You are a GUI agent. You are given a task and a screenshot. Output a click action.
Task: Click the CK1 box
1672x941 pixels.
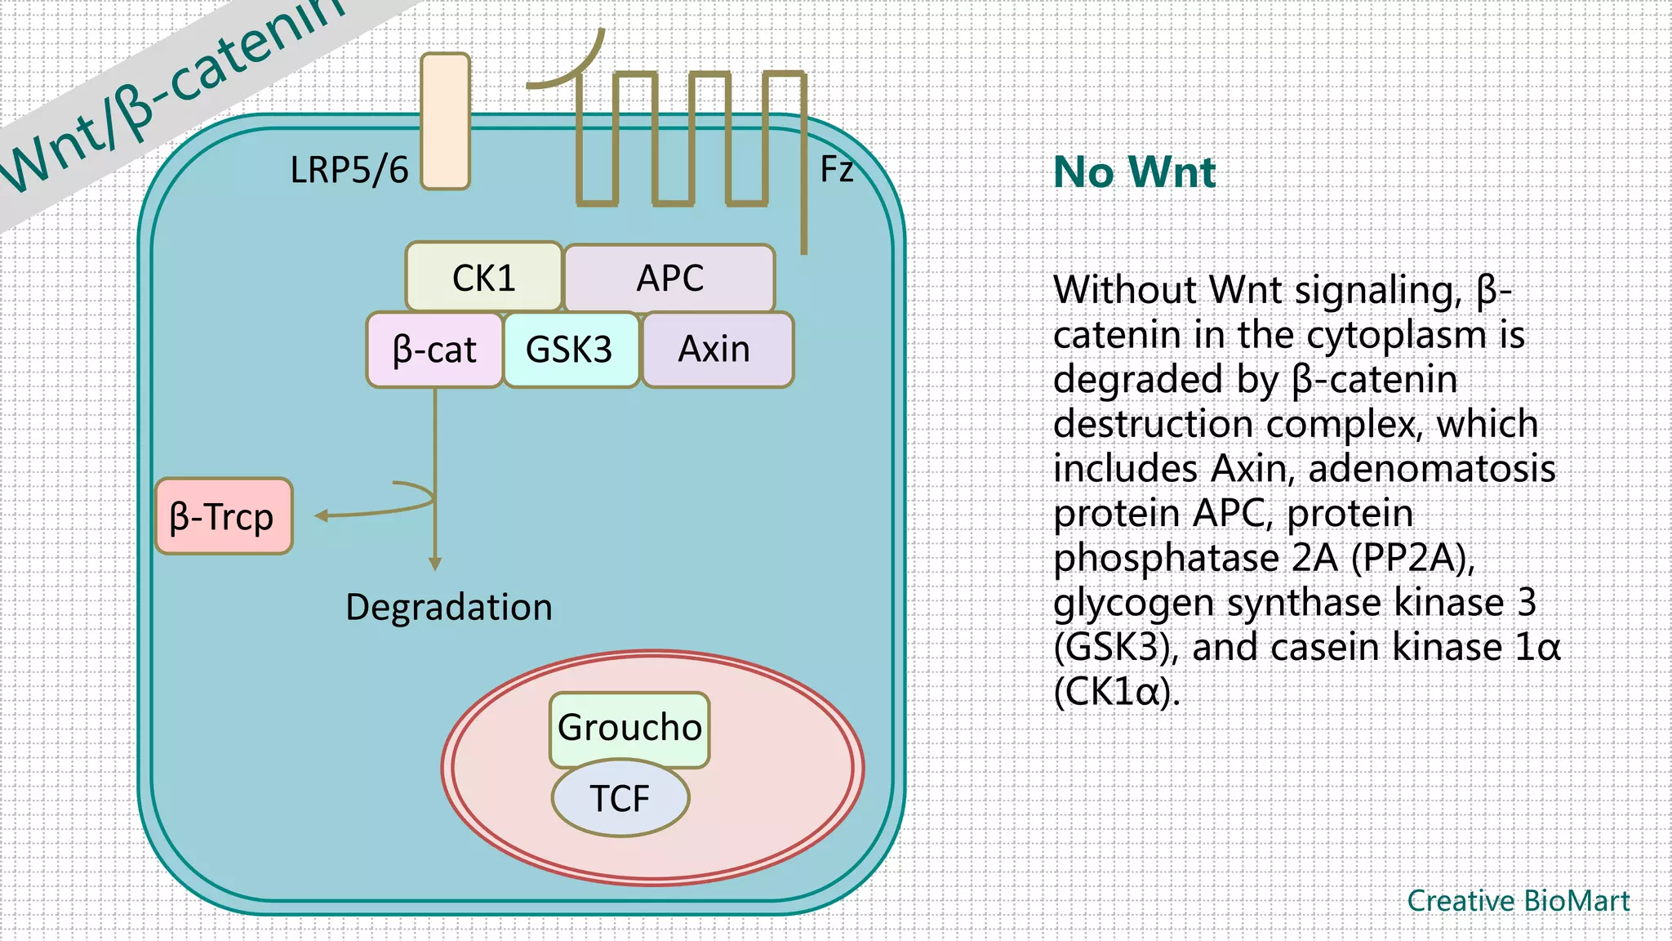point(483,278)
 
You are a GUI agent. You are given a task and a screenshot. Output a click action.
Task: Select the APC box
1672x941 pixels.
point(669,278)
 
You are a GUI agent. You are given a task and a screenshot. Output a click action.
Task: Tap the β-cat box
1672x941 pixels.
point(434,350)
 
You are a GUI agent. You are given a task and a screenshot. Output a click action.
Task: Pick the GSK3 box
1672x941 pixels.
point(570,350)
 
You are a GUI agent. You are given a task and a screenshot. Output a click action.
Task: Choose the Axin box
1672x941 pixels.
point(716,350)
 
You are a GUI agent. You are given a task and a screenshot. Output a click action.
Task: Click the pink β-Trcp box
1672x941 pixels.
point(223,517)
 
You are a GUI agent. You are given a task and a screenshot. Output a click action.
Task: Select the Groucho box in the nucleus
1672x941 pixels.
point(629,727)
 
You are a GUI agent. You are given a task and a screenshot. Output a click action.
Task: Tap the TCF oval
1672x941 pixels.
point(620,798)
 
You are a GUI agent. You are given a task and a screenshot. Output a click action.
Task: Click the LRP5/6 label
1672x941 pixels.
point(349,171)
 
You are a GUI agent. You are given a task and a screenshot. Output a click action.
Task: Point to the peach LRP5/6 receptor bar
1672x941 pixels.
point(445,121)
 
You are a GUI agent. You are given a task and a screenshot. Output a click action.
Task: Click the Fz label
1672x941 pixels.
point(836,169)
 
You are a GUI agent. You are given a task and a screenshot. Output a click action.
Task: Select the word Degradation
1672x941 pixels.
point(449,608)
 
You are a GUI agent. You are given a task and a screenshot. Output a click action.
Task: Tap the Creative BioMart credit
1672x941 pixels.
point(1518,901)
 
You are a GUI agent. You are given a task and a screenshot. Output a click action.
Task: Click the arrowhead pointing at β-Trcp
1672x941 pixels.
point(321,515)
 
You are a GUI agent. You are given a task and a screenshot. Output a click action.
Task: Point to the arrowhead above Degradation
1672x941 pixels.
point(435,564)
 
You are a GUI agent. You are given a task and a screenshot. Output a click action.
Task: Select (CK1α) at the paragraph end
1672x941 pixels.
point(1116,692)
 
